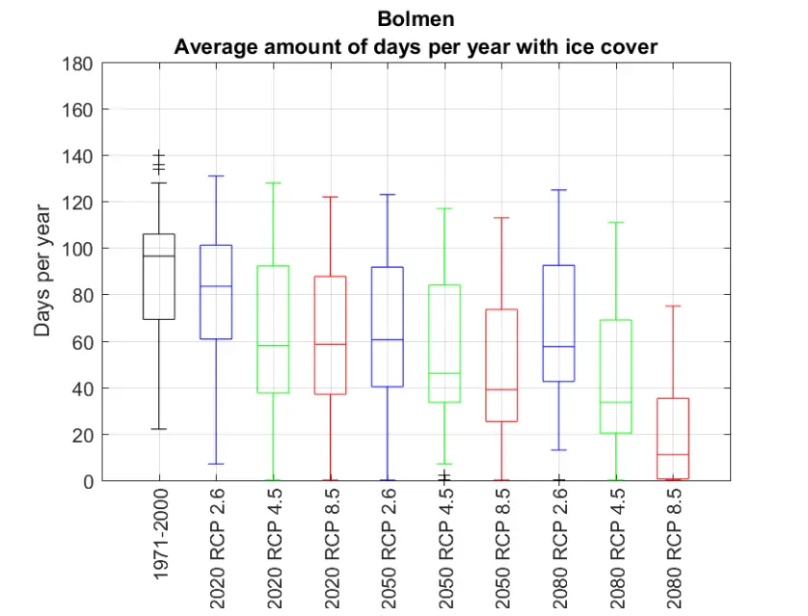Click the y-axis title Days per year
(x=42, y=271)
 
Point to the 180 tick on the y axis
(x=77, y=64)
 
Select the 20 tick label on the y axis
(x=82, y=435)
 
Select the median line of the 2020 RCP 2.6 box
(x=216, y=286)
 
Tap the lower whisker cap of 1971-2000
(x=159, y=428)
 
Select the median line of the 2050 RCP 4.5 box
(x=444, y=373)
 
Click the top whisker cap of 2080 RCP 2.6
(x=557, y=190)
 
